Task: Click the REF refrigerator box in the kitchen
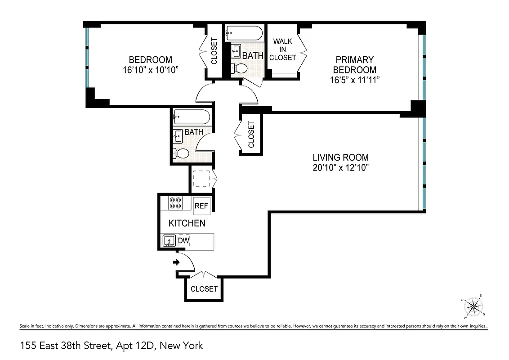201,206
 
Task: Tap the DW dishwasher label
183,241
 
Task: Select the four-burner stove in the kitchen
175,203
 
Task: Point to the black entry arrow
176,262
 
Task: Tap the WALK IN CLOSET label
283,49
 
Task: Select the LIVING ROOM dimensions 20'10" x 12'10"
341,168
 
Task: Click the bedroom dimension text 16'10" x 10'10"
150,70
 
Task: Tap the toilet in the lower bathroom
181,153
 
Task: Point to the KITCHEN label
187,223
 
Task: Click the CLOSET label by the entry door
204,289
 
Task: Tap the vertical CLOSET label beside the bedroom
214,50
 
